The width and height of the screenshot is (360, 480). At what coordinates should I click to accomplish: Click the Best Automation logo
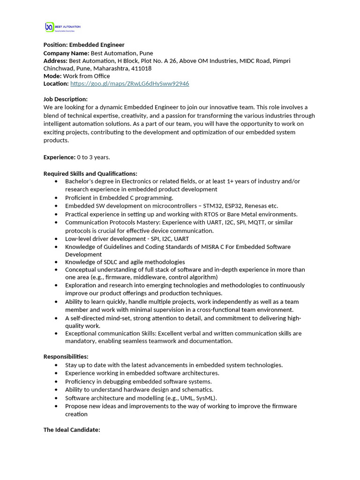tap(62, 27)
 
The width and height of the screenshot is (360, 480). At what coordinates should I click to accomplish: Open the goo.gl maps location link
tap(129, 83)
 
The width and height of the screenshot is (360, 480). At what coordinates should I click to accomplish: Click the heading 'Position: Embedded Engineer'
tap(84, 45)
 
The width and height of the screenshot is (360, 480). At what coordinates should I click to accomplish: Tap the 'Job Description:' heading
tap(66, 99)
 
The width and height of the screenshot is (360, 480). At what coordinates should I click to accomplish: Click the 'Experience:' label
tap(60, 157)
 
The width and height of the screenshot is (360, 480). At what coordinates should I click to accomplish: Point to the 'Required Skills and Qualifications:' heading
tap(90, 173)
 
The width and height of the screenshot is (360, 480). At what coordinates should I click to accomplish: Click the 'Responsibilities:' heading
tap(66, 357)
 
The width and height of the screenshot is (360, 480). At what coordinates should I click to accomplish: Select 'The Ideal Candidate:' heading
tap(72, 429)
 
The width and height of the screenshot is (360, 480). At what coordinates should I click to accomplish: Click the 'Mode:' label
tap(52, 76)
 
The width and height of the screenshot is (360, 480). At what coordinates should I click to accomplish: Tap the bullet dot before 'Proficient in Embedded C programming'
tap(57, 198)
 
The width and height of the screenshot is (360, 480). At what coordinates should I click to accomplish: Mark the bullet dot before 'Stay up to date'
tap(57, 365)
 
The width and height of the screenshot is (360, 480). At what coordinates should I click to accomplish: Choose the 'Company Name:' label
tap(66, 53)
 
